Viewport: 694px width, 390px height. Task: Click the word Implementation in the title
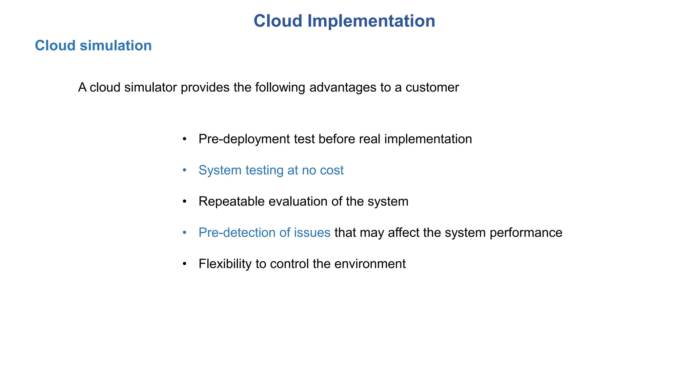[371, 21]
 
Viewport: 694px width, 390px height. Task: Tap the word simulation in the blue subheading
[116, 46]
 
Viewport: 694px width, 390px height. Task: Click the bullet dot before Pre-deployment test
[185, 139]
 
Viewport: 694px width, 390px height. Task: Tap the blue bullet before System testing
[185, 170]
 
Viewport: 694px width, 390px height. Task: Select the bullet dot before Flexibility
[185, 264]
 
